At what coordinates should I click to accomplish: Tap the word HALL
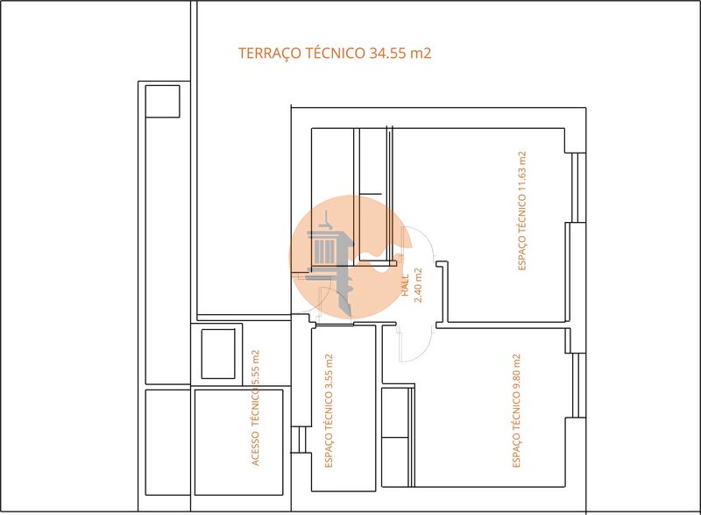pos(405,286)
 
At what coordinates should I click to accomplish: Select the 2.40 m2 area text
pos(418,285)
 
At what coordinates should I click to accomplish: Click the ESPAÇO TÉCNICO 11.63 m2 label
pos(522,211)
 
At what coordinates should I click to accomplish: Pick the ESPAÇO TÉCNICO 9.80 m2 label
pos(517,410)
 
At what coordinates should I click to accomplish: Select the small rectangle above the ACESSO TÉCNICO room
pos(218,354)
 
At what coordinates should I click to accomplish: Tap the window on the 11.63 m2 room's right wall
pos(577,188)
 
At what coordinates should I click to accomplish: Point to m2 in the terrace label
pos(421,54)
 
